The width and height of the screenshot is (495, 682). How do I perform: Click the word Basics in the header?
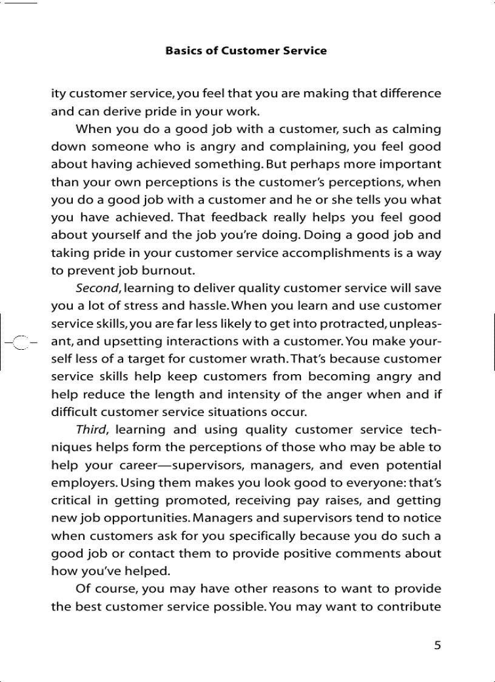184,51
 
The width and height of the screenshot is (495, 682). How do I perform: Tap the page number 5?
437,645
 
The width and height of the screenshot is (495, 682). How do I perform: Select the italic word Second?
98,288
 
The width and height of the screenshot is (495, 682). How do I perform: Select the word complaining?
311,147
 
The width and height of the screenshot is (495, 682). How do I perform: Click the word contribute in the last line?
411,607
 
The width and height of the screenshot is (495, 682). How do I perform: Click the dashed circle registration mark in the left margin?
21,341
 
